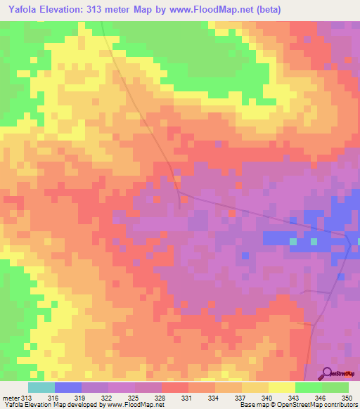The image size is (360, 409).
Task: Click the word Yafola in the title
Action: pos(21,9)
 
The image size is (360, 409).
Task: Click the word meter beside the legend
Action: pos(11,398)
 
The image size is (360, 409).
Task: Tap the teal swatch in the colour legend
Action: pos(41,387)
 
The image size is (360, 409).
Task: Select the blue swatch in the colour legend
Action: pos(68,387)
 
